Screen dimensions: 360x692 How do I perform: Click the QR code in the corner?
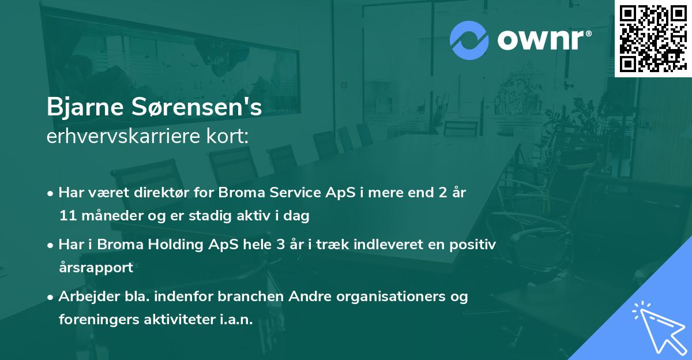pos(653,39)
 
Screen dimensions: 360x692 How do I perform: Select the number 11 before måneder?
pos(67,216)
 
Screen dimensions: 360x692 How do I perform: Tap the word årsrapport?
pos(96,268)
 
